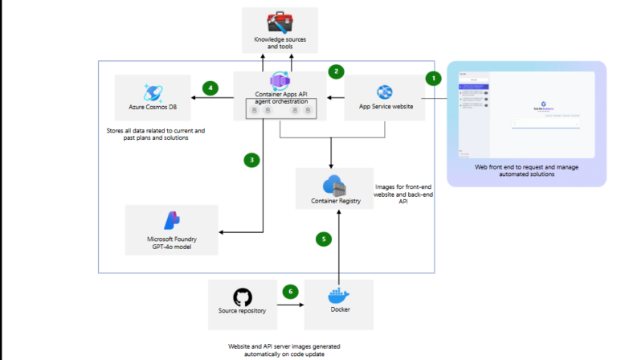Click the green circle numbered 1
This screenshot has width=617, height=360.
pyautogui.click(x=433, y=79)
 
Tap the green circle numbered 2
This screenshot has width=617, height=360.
pyautogui.click(x=336, y=71)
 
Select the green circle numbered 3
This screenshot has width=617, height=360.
pyautogui.click(x=251, y=159)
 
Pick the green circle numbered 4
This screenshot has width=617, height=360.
pyautogui.click(x=210, y=88)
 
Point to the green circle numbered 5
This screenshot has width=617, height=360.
pyautogui.click(x=322, y=239)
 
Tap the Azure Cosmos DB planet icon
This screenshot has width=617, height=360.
pyautogui.click(x=153, y=92)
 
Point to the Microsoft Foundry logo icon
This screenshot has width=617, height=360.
pyautogui.click(x=171, y=220)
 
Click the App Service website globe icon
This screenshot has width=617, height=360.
pyautogui.click(x=384, y=92)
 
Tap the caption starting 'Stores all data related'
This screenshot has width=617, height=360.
pyautogui.click(x=155, y=134)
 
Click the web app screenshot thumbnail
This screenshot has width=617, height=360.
pyautogui.click(x=525, y=113)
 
